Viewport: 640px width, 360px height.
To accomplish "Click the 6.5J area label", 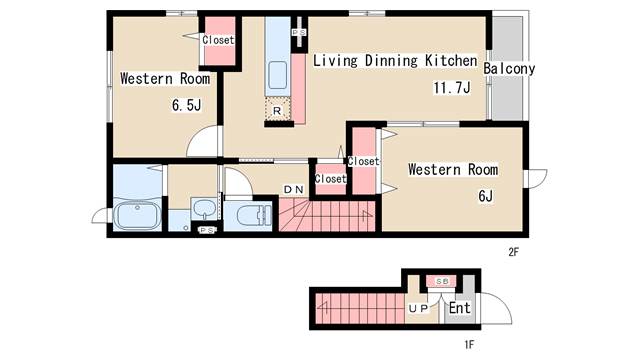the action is tap(187, 105).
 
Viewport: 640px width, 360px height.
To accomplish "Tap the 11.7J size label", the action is tap(452, 88).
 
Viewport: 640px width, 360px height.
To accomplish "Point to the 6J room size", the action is tap(485, 196).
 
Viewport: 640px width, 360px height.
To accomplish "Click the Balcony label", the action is tap(509, 69).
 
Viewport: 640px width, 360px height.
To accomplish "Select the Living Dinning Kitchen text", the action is tap(395, 61).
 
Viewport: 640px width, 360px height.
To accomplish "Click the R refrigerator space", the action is tap(278, 110).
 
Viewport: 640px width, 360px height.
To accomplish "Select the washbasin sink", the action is tap(204, 209).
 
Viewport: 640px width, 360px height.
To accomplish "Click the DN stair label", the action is tap(294, 189).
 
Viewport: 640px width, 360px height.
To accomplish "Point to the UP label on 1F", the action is tap(418, 309).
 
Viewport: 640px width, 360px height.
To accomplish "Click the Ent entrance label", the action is tap(460, 308).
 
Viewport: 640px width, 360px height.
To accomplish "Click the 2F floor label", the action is tap(513, 252).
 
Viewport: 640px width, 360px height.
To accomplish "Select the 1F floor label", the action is tap(469, 345).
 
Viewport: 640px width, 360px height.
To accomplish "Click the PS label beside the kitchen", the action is tap(299, 32).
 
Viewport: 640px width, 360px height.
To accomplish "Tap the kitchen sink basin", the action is tap(278, 75).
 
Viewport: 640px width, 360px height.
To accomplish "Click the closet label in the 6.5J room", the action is tap(218, 40).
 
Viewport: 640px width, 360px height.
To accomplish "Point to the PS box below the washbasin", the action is tap(207, 231).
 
